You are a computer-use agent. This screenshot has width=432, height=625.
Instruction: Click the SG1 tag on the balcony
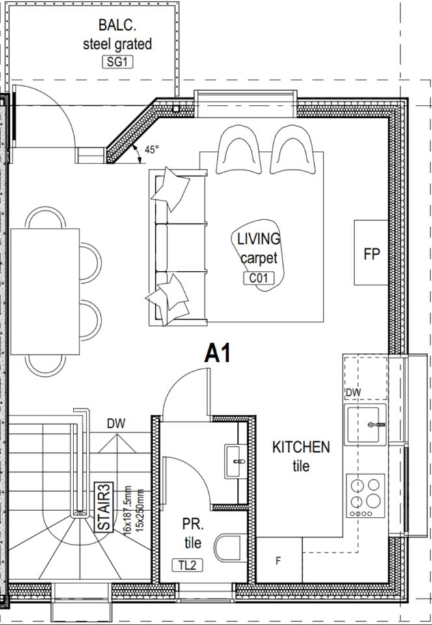[118, 62]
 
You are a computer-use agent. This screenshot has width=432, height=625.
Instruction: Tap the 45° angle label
[152, 150]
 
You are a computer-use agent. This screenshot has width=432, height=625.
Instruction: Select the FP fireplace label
[371, 254]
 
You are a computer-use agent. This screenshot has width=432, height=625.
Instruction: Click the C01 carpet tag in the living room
[259, 277]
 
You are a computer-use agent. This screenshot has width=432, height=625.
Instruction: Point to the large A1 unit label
[217, 353]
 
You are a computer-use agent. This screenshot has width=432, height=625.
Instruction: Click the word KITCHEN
[301, 447]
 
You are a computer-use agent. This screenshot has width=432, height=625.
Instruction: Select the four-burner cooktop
[366, 495]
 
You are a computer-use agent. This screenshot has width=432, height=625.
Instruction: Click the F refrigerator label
[278, 561]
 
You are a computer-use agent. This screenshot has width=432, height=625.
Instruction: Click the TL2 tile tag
[187, 565]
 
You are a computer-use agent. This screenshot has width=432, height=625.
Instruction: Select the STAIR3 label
[104, 507]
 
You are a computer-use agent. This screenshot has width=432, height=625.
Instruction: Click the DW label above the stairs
[116, 423]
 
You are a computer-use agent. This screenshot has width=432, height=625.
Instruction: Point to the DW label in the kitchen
[353, 393]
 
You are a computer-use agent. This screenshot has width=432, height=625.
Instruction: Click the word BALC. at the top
[118, 25]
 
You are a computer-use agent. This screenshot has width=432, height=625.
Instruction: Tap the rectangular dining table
[45, 292]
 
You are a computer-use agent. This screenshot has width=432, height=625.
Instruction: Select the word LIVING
[259, 239]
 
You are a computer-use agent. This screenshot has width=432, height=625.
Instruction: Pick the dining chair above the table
[46, 217]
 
